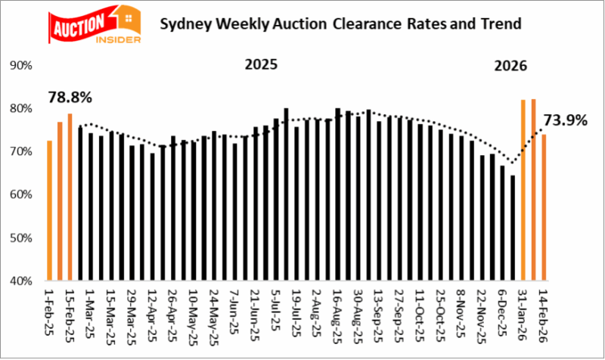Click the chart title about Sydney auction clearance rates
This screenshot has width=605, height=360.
pyautogui.click(x=340, y=23)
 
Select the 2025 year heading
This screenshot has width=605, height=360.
pyautogui.click(x=261, y=65)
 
